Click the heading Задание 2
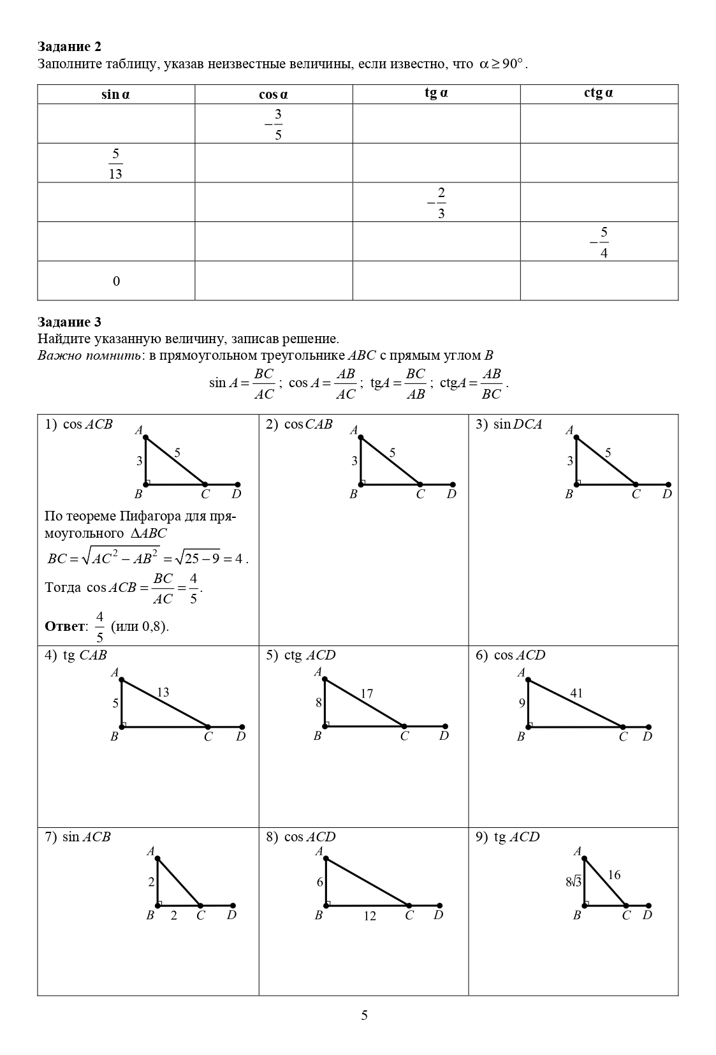[69, 47]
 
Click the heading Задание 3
[69, 321]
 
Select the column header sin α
[115, 94]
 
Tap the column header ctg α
[599, 93]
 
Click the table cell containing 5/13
[115, 163]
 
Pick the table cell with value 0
[116, 281]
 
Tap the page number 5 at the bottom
[364, 1015]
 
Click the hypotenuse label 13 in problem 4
[163, 692]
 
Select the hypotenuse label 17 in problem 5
[367, 693]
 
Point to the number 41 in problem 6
[576, 693]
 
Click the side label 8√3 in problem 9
[573, 882]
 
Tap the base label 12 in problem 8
[370, 916]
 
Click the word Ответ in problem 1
[65, 626]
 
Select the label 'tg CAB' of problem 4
[85, 655]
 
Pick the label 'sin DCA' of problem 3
[517, 424]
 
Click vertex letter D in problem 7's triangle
[232, 915]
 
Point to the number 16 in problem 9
[614, 875]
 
